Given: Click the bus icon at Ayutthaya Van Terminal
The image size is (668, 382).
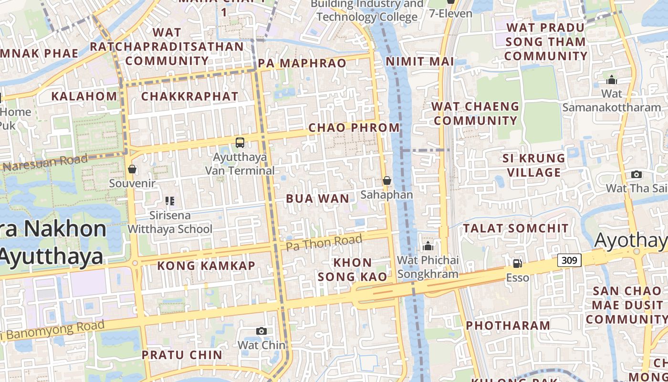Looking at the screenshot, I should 240,142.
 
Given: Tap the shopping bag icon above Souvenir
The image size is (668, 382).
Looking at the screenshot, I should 132,169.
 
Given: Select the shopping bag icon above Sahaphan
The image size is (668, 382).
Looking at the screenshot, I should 386,180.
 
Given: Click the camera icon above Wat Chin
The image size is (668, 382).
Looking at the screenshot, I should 261,331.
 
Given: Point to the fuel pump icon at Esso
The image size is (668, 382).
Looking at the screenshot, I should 517,263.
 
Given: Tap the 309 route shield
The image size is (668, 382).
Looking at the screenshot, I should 569,260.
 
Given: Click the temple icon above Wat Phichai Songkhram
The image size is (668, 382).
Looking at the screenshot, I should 428,246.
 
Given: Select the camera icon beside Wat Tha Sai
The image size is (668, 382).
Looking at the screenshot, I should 636,174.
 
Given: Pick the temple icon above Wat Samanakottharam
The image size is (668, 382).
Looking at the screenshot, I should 611,79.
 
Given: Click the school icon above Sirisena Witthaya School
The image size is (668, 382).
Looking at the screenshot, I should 170,201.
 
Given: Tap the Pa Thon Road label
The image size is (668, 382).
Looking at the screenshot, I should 324,242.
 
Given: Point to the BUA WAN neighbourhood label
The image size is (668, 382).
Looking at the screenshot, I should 317,199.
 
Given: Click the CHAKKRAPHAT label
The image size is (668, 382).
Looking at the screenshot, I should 189,96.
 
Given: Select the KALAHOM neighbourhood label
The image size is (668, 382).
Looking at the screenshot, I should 84,96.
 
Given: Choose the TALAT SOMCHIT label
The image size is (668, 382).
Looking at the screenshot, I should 516,228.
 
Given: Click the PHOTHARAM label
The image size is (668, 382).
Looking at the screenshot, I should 508,326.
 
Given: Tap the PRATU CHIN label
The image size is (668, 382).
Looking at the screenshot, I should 182,355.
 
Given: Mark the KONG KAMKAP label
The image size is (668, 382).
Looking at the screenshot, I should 206,265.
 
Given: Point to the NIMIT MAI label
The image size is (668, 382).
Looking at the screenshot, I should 419,62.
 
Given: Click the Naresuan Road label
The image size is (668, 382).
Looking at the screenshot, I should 46,163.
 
